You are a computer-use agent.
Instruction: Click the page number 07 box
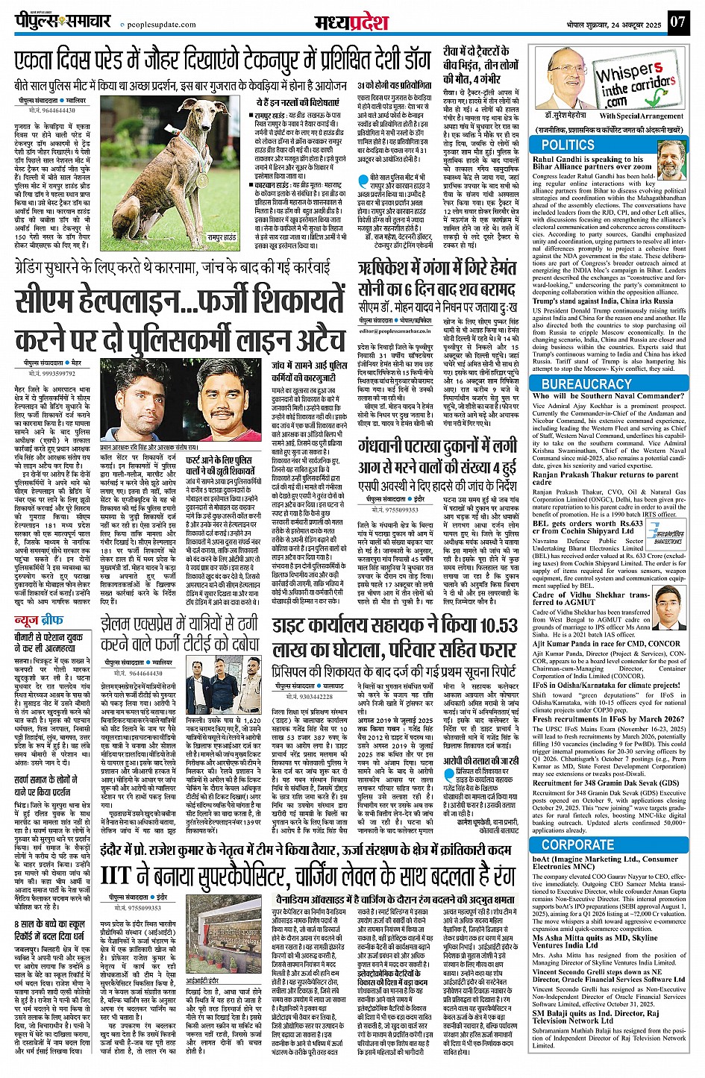(677, 22)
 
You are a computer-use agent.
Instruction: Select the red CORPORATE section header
(578, 844)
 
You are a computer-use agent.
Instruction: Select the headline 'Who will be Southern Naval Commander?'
(597, 396)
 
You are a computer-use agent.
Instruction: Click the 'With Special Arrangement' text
(639, 116)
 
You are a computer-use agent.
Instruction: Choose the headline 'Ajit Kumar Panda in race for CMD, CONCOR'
(606, 642)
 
